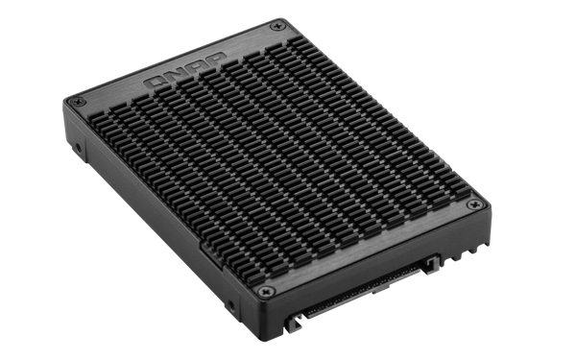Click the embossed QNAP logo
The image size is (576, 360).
185,70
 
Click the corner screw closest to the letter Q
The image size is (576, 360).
78,102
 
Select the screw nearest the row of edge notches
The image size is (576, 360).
474,204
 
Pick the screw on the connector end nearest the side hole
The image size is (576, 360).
266,292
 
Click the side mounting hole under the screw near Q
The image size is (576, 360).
78,148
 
